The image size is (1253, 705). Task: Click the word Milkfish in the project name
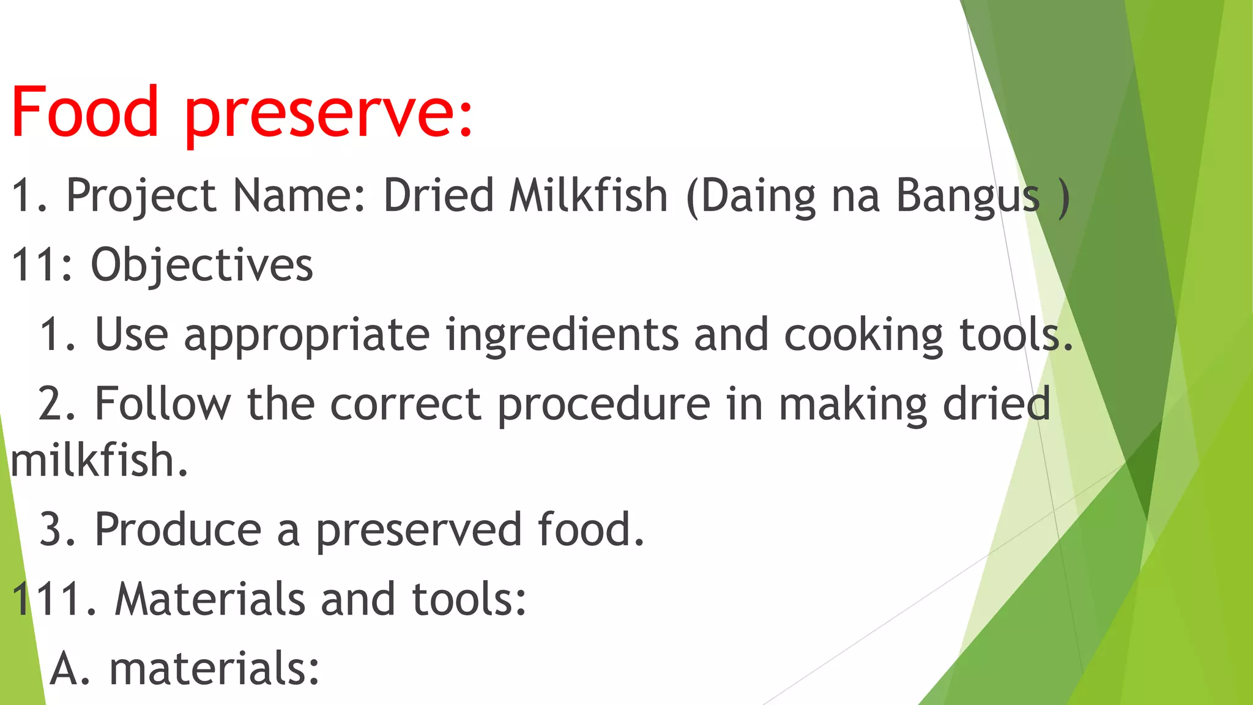click(589, 196)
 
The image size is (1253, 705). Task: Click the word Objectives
click(202, 266)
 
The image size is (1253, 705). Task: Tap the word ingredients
click(562, 336)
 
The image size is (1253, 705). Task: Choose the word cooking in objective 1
click(863, 336)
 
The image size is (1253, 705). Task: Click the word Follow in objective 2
click(163, 404)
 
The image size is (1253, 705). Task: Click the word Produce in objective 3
click(178, 529)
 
